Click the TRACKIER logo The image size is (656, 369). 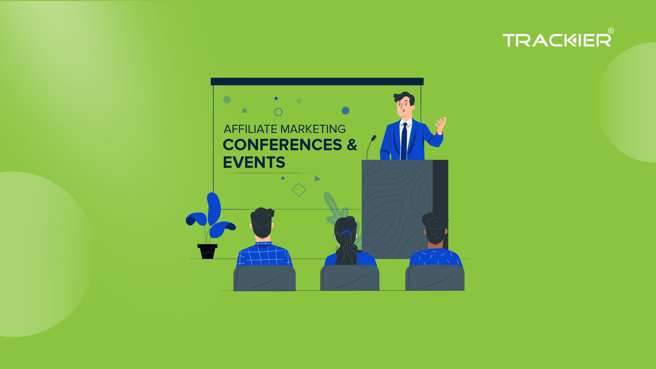click(556, 40)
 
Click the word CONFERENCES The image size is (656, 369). click(282, 145)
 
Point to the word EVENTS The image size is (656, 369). click(254, 162)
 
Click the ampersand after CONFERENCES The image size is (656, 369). click(352, 145)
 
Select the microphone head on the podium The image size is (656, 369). click(374, 138)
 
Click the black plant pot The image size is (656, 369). click(207, 252)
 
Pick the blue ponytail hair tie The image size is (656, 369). click(346, 233)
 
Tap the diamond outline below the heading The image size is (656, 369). click(299, 190)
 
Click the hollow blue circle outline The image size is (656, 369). click(278, 112)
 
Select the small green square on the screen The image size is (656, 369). click(245, 111)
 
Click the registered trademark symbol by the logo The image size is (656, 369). click(611, 31)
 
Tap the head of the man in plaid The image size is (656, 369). click(262, 223)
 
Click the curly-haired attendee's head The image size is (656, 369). click(435, 228)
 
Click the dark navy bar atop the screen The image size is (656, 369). click(317, 81)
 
